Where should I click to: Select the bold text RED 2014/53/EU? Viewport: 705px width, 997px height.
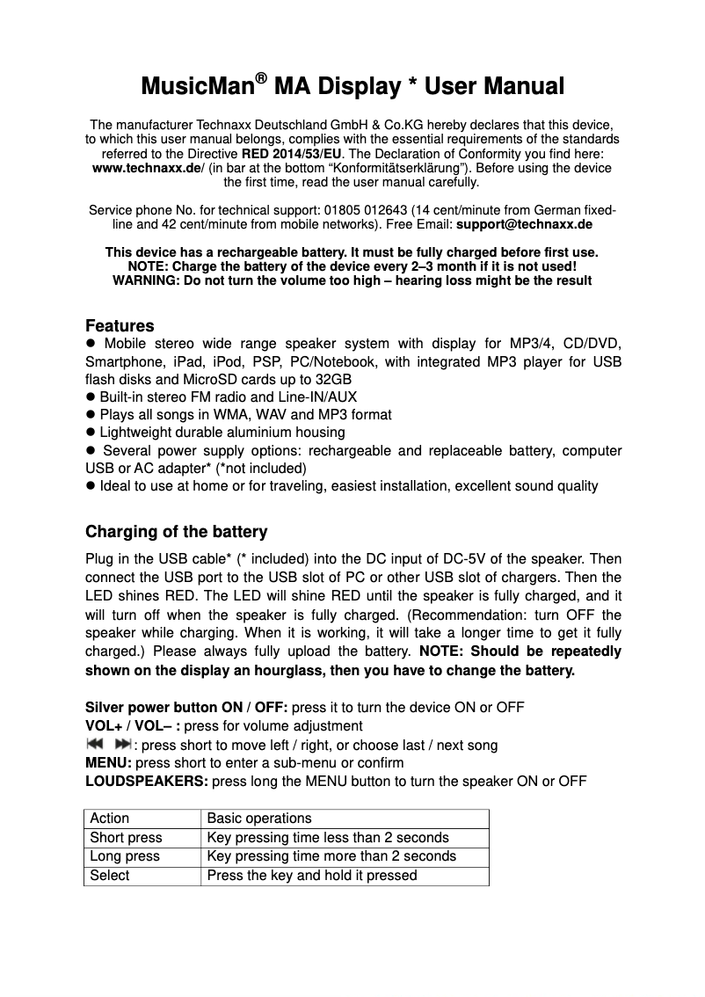pos(292,154)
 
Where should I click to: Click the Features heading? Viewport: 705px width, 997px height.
pos(120,326)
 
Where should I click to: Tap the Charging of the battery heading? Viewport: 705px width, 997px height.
pos(176,532)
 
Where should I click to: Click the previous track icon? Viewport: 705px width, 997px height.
pos(94,744)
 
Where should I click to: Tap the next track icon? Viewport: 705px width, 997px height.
pos(122,744)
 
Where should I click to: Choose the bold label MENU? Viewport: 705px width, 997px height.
pos(108,762)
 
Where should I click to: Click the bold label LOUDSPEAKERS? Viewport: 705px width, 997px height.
pos(147,781)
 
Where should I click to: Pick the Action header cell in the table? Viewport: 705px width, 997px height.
pos(110,818)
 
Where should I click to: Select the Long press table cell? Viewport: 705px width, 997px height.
pos(125,856)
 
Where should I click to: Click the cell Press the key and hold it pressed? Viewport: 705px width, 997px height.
pos(311,876)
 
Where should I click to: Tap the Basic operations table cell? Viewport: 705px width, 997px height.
pos(258,818)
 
